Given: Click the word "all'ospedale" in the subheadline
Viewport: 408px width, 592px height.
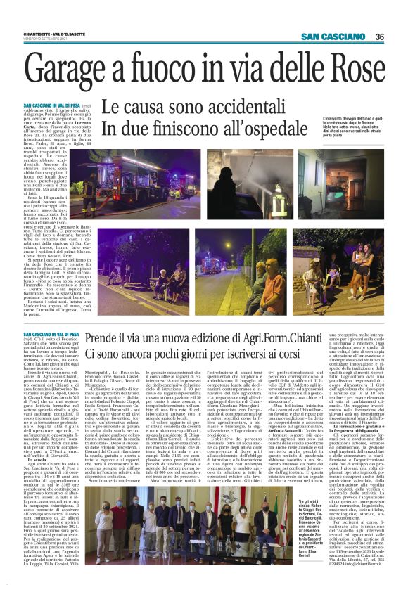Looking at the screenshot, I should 250,129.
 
